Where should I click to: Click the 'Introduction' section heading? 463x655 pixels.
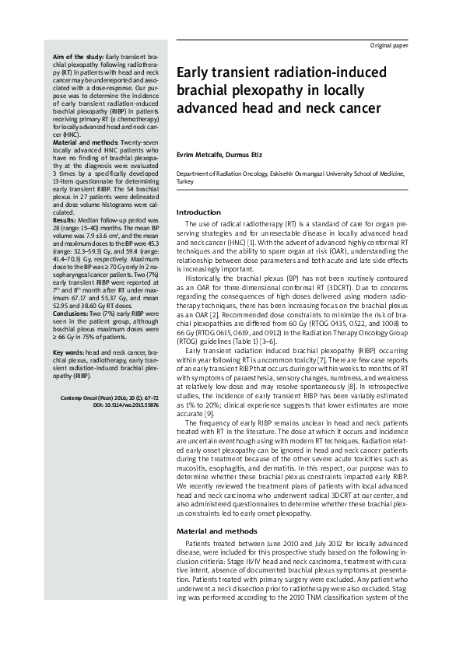[199, 212]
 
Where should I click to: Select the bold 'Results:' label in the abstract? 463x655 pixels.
[64, 220]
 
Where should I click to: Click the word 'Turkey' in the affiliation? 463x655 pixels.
[185, 181]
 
